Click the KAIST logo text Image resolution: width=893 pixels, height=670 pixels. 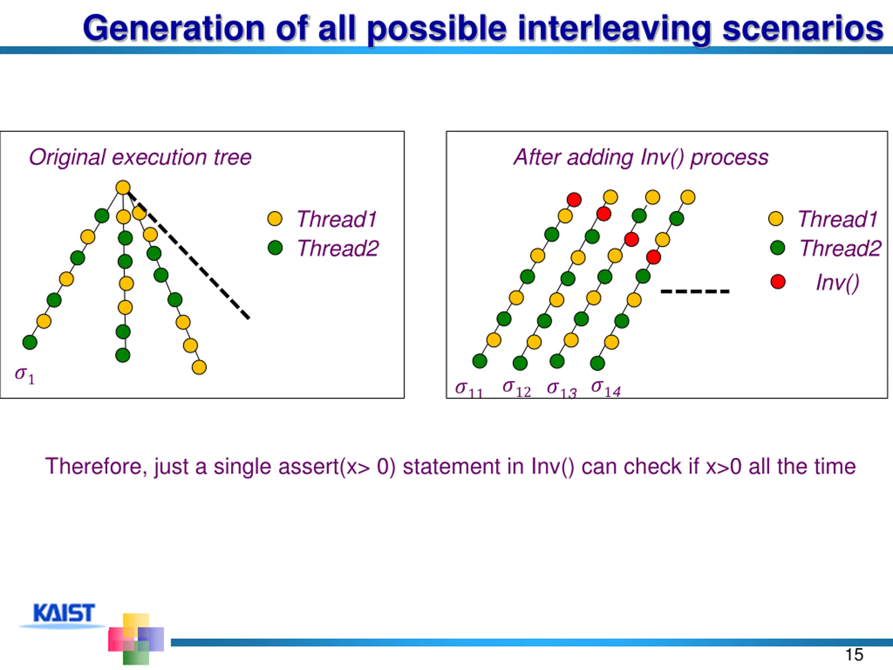[x=64, y=613]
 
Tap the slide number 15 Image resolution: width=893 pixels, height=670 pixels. [x=854, y=655]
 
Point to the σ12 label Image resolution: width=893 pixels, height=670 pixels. [x=517, y=388]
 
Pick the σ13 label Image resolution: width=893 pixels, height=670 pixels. [x=562, y=389]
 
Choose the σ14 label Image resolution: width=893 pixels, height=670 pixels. [x=606, y=388]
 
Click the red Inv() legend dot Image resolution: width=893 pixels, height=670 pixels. [x=778, y=282]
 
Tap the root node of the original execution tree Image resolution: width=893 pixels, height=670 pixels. [x=123, y=188]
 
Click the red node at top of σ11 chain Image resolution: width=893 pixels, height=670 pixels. [x=574, y=200]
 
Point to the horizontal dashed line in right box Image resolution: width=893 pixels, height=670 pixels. [x=695, y=291]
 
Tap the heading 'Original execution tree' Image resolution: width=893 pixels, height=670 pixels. [x=140, y=157]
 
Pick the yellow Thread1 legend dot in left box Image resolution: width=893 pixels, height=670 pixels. [x=275, y=218]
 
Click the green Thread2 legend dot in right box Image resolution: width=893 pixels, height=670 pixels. [x=778, y=247]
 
